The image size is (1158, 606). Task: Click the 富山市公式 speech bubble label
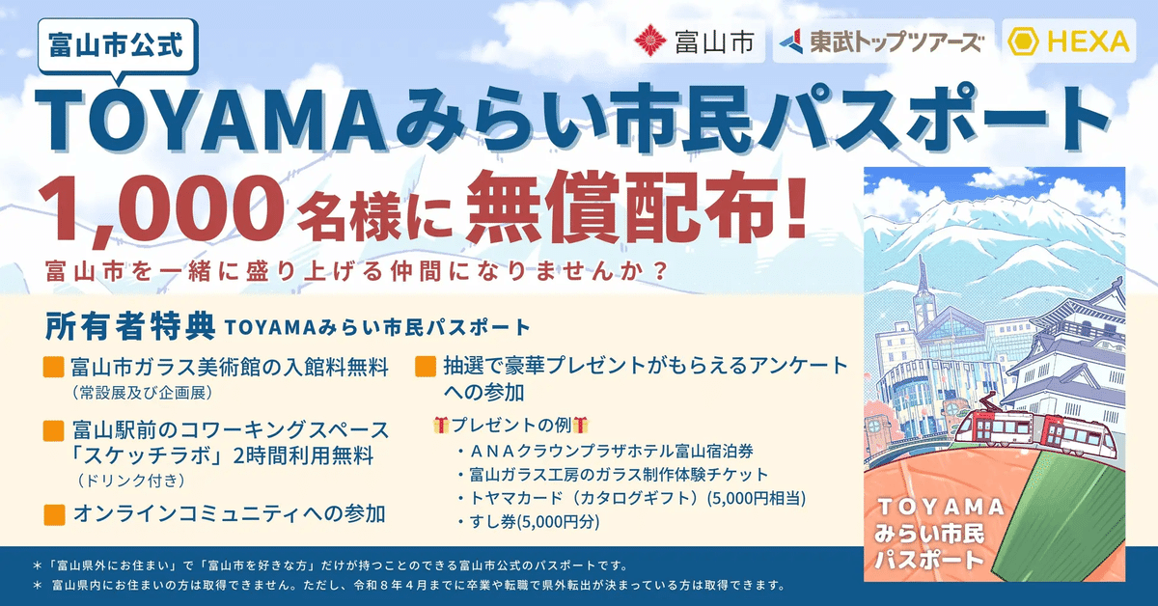click(120, 43)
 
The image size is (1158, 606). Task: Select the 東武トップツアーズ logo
click(881, 41)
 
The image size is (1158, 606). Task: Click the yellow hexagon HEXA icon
click(1024, 41)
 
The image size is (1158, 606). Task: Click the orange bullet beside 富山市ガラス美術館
click(54, 368)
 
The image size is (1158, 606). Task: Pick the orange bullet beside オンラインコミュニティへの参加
click(54, 512)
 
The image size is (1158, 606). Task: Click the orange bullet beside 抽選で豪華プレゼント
click(425, 367)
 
